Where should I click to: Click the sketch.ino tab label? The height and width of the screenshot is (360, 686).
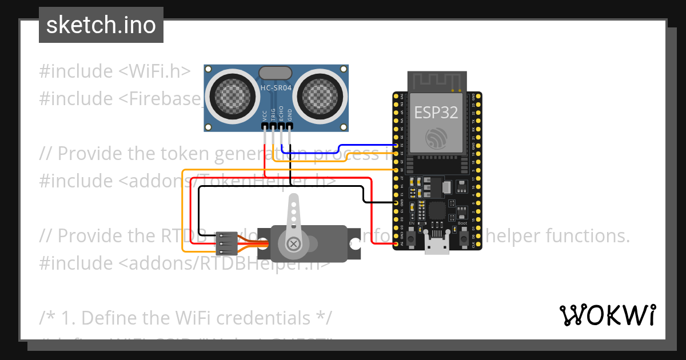click(x=101, y=25)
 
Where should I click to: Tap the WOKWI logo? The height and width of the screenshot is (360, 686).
click(x=607, y=315)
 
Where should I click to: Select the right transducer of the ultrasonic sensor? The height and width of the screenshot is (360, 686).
click(x=322, y=93)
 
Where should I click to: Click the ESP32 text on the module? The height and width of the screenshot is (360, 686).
click(x=436, y=113)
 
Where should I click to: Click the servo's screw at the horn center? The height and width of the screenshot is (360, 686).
click(x=294, y=244)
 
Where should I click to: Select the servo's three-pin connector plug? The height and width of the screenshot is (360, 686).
click(x=227, y=243)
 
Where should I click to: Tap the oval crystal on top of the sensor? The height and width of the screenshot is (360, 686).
click(x=276, y=73)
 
